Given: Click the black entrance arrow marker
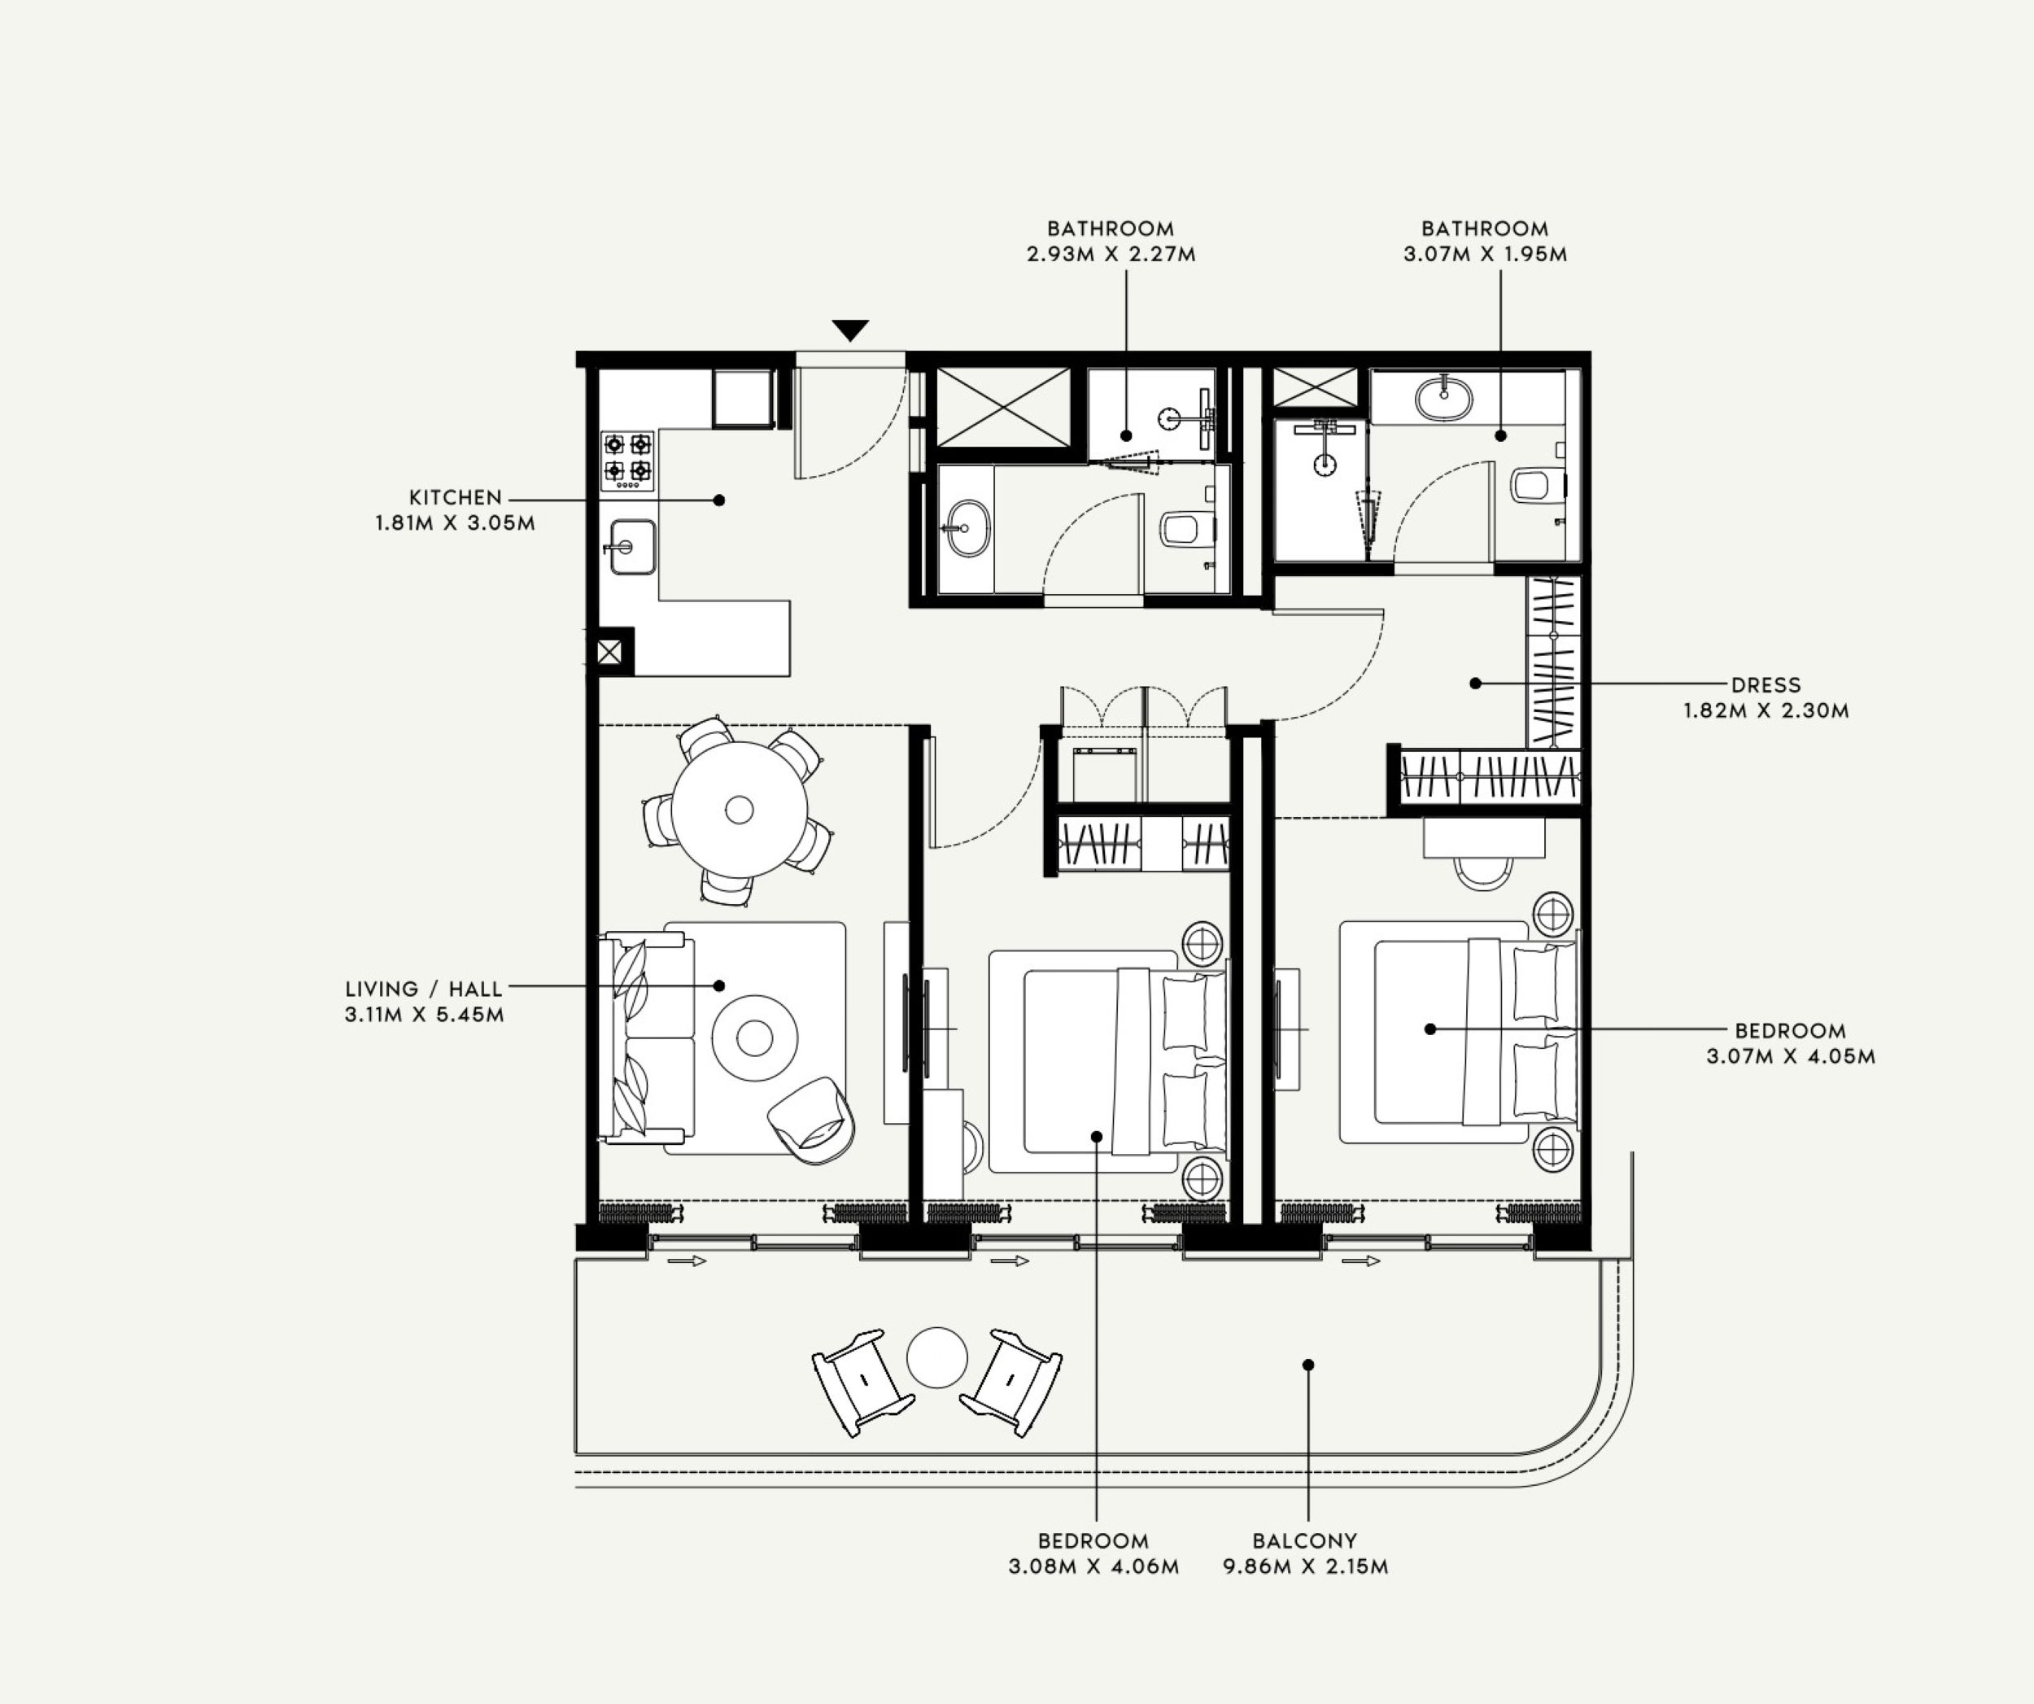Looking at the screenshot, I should pyautogui.click(x=850, y=330).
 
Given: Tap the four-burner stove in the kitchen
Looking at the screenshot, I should pyautogui.click(x=627, y=460).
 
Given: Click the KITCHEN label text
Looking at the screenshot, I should pyautogui.click(x=456, y=498).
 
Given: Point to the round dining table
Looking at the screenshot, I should pyautogui.click(x=739, y=810).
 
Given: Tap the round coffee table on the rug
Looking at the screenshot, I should pyautogui.click(x=754, y=1038).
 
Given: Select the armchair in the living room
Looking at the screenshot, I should pyautogui.click(x=814, y=1120).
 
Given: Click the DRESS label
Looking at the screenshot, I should pyautogui.click(x=1766, y=685).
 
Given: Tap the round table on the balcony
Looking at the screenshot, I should pyautogui.click(x=936, y=1357).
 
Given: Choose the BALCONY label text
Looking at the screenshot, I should pyautogui.click(x=1305, y=1540).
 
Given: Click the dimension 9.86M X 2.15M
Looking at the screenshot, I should pyautogui.click(x=1305, y=1566).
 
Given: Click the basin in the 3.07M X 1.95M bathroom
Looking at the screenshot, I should pyautogui.click(x=1443, y=398).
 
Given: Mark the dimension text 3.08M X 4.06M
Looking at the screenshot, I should pyautogui.click(x=1093, y=1566).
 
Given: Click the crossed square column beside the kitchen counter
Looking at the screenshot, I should pyautogui.click(x=609, y=652).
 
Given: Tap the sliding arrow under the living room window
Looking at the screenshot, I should pyautogui.click(x=687, y=1261).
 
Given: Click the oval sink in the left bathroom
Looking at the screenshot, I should pyautogui.click(x=967, y=529).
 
